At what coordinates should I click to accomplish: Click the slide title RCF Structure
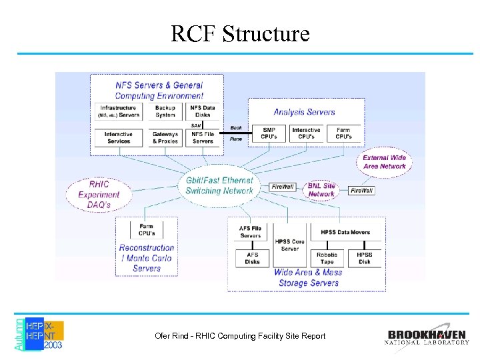(240, 33)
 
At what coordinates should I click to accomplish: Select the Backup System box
(165, 111)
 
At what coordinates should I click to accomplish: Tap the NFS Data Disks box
(203, 111)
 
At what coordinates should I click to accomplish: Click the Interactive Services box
(118, 137)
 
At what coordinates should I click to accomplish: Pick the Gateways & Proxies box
(165, 137)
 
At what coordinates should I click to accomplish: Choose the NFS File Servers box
(203, 137)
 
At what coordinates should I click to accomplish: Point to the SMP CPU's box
(269, 133)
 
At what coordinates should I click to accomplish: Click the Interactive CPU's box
(306, 133)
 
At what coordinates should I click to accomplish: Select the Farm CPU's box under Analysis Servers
(343, 133)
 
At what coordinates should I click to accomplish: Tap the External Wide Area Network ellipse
(385, 162)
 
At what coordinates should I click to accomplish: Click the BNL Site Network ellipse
(321, 190)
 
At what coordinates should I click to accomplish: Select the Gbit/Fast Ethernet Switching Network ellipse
(219, 185)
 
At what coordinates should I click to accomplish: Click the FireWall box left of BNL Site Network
(283, 187)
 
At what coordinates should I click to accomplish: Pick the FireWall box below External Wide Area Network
(362, 191)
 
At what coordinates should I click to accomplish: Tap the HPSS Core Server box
(289, 245)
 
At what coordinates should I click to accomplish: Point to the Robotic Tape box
(327, 258)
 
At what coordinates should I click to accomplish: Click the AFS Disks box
(253, 258)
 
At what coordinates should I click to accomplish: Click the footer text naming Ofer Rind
(240, 336)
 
